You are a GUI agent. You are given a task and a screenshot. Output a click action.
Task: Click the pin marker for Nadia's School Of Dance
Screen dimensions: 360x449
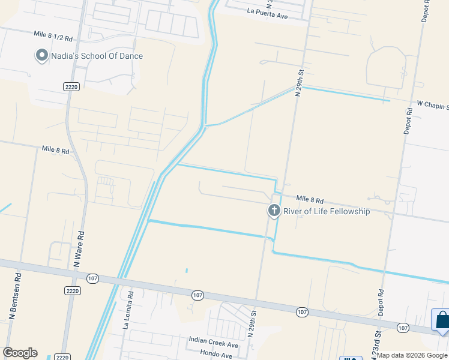(x=42, y=56)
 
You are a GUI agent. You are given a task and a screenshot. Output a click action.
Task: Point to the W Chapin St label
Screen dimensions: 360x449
(x=429, y=106)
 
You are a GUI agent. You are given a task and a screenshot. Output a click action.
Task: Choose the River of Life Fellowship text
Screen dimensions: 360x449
(x=327, y=211)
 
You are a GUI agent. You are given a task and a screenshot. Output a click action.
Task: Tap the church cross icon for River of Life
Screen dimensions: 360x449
(x=274, y=211)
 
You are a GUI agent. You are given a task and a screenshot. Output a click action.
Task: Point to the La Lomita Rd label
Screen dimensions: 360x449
(x=127, y=314)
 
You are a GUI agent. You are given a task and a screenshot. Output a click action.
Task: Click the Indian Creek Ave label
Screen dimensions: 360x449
(x=214, y=346)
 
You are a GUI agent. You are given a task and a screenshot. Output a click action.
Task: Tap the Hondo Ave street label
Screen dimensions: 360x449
(x=216, y=355)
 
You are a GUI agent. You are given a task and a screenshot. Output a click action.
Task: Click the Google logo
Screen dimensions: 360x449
(x=20, y=353)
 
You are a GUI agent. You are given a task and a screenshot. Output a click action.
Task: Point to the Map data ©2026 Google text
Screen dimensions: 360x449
(x=412, y=355)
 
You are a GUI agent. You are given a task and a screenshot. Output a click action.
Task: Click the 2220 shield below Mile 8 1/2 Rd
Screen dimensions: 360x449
(x=71, y=87)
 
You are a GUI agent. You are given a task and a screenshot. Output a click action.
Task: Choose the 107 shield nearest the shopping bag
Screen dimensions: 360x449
(x=403, y=328)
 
